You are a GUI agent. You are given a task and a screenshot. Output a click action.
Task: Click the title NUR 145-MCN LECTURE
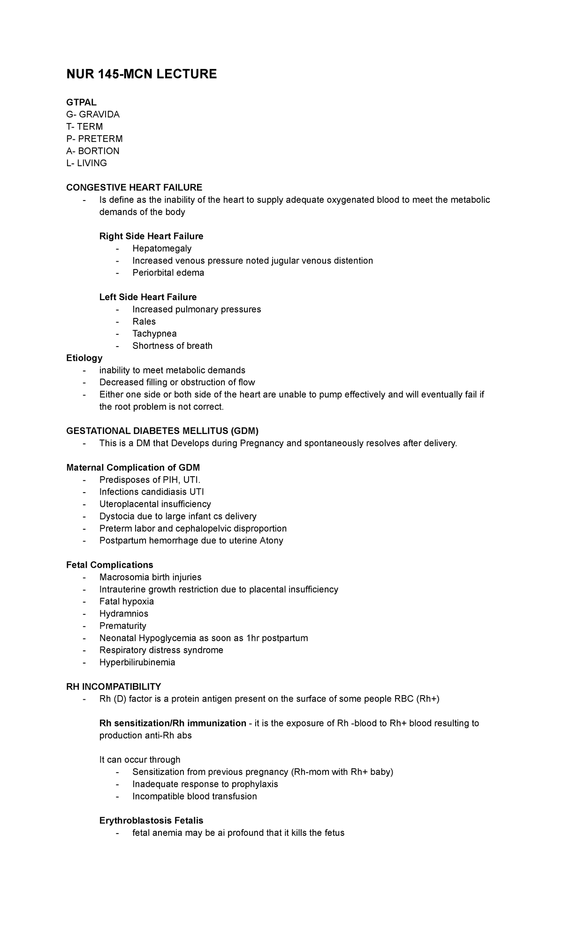(141, 74)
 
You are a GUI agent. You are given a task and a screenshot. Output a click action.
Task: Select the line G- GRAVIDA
(93, 114)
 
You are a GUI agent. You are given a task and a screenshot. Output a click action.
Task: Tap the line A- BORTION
(93, 151)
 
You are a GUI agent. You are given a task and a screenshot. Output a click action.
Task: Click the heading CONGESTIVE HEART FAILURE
(134, 187)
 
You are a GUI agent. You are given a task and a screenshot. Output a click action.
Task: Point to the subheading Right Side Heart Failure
(151, 236)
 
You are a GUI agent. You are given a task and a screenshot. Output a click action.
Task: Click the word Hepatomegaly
(162, 248)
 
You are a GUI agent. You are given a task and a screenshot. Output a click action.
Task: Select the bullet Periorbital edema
(168, 273)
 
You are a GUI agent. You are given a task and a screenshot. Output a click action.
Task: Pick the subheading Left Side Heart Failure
(148, 297)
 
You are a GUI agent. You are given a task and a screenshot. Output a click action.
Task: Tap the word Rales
(144, 322)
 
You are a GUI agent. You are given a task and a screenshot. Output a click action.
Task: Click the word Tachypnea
(154, 334)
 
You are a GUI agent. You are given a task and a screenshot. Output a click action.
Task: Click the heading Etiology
(84, 358)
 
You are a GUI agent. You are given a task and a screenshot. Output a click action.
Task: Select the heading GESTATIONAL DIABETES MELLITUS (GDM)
(162, 431)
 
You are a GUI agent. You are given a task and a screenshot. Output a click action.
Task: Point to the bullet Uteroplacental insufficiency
(155, 504)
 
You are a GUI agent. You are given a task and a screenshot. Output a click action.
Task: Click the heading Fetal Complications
(110, 565)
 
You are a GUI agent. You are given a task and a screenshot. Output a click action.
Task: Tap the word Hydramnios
(123, 614)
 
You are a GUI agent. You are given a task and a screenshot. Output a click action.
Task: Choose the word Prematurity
(122, 626)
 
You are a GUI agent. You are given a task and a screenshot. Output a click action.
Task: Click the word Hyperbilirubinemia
(137, 663)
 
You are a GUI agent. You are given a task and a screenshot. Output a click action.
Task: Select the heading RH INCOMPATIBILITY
(114, 687)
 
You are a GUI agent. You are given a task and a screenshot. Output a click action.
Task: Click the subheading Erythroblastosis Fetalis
(151, 821)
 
